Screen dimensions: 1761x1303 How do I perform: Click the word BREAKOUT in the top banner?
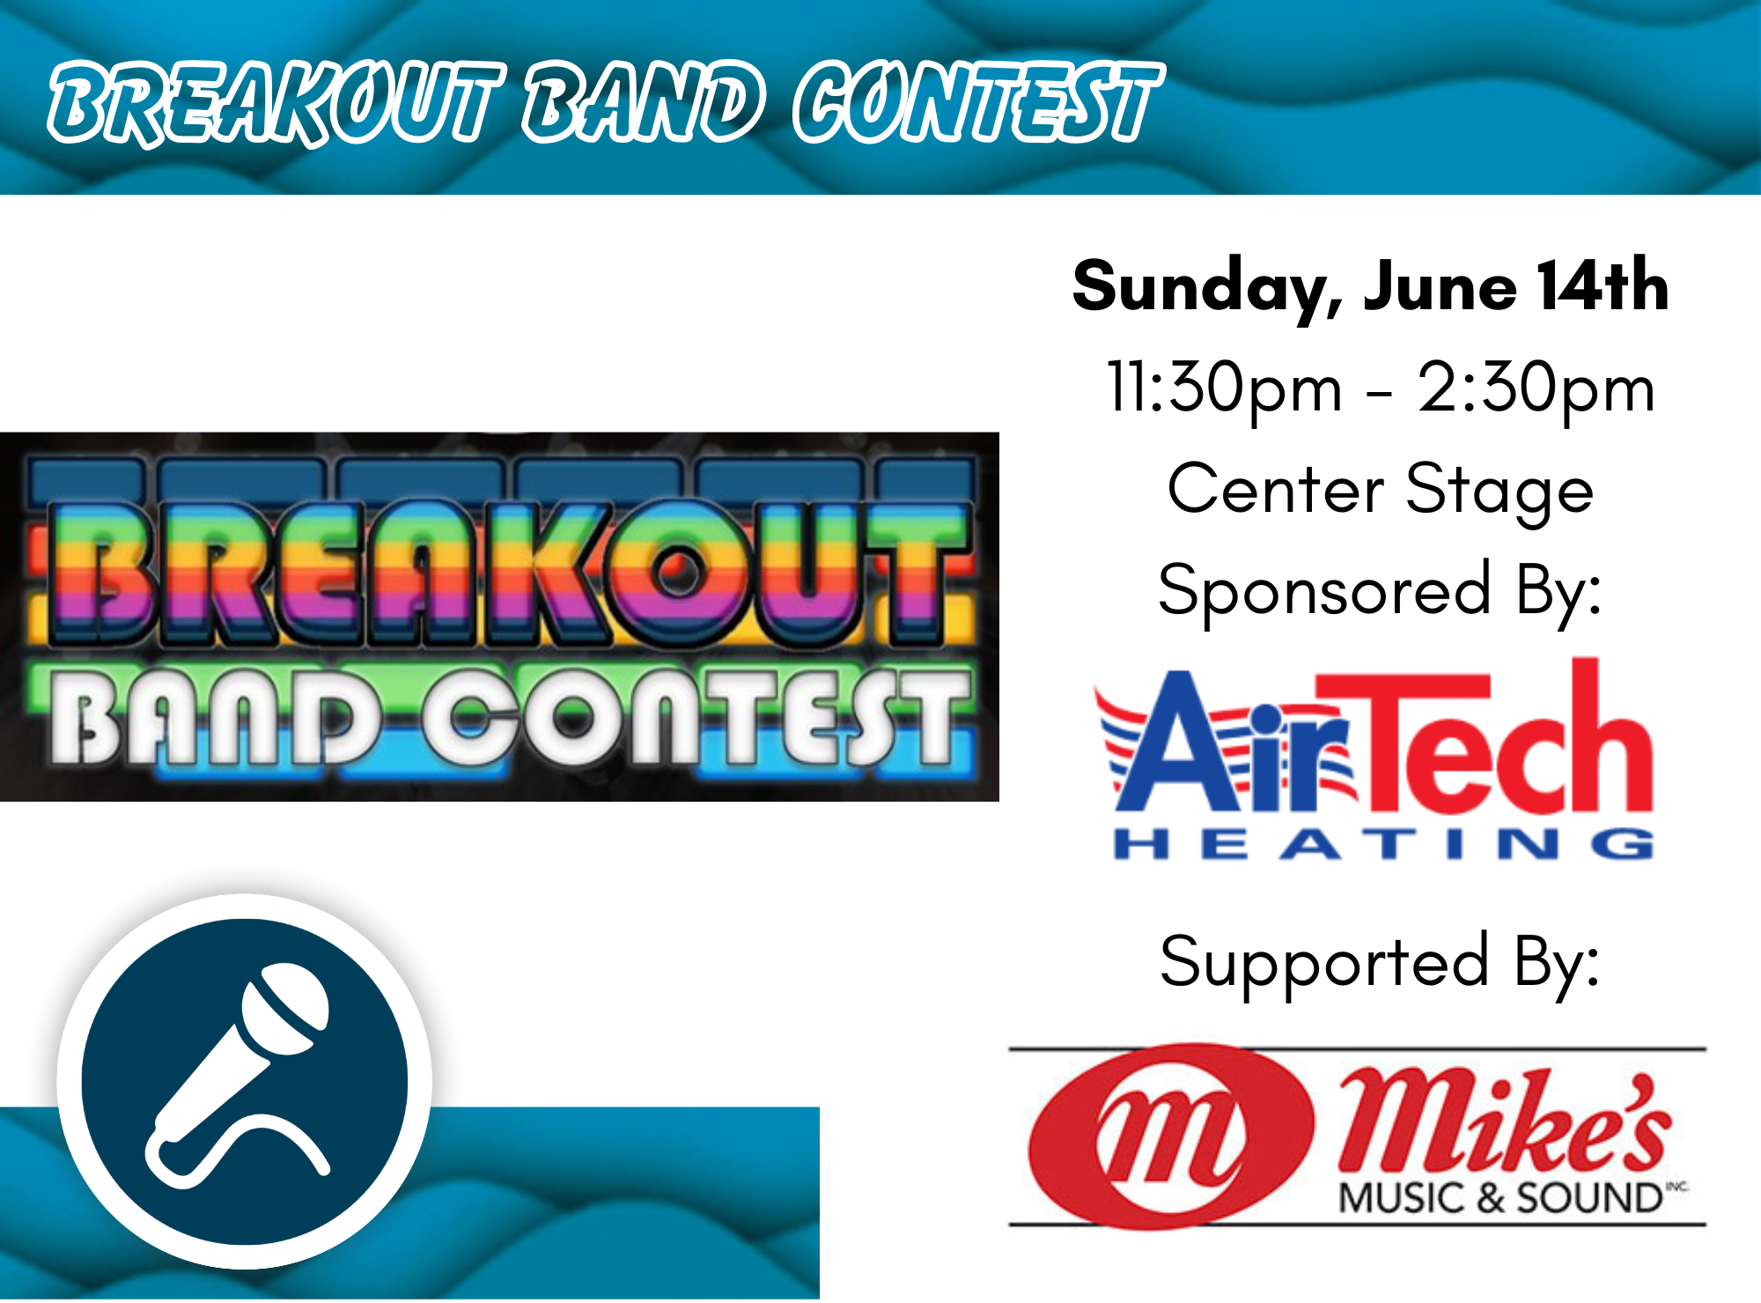pos(276,103)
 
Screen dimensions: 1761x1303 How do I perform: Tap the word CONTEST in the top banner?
pos(977,102)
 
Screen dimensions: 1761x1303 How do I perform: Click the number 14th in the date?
pos(1603,285)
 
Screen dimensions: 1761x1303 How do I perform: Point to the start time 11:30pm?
pos(1225,389)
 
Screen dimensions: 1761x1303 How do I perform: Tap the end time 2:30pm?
pos(1536,389)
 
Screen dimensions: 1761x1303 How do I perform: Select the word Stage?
pos(1499,491)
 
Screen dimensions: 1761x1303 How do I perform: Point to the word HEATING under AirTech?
pos(1383,844)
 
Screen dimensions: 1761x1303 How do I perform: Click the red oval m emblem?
pos(1171,1136)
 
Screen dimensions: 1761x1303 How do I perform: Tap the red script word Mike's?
pos(1504,1122)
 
